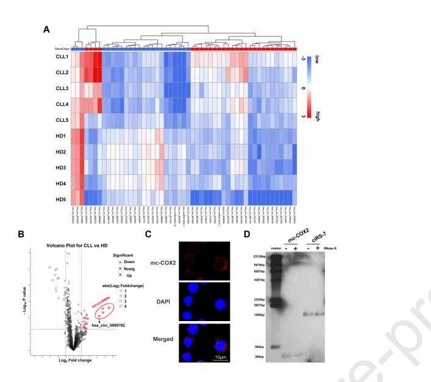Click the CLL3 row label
pyautogui.click(x=62, y=88)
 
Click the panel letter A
pyautogui.click(x=47, y=29)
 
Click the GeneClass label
pyautogui.click(x=62, y=49)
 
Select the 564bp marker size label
pyautogui.click(x=263, y=346)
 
